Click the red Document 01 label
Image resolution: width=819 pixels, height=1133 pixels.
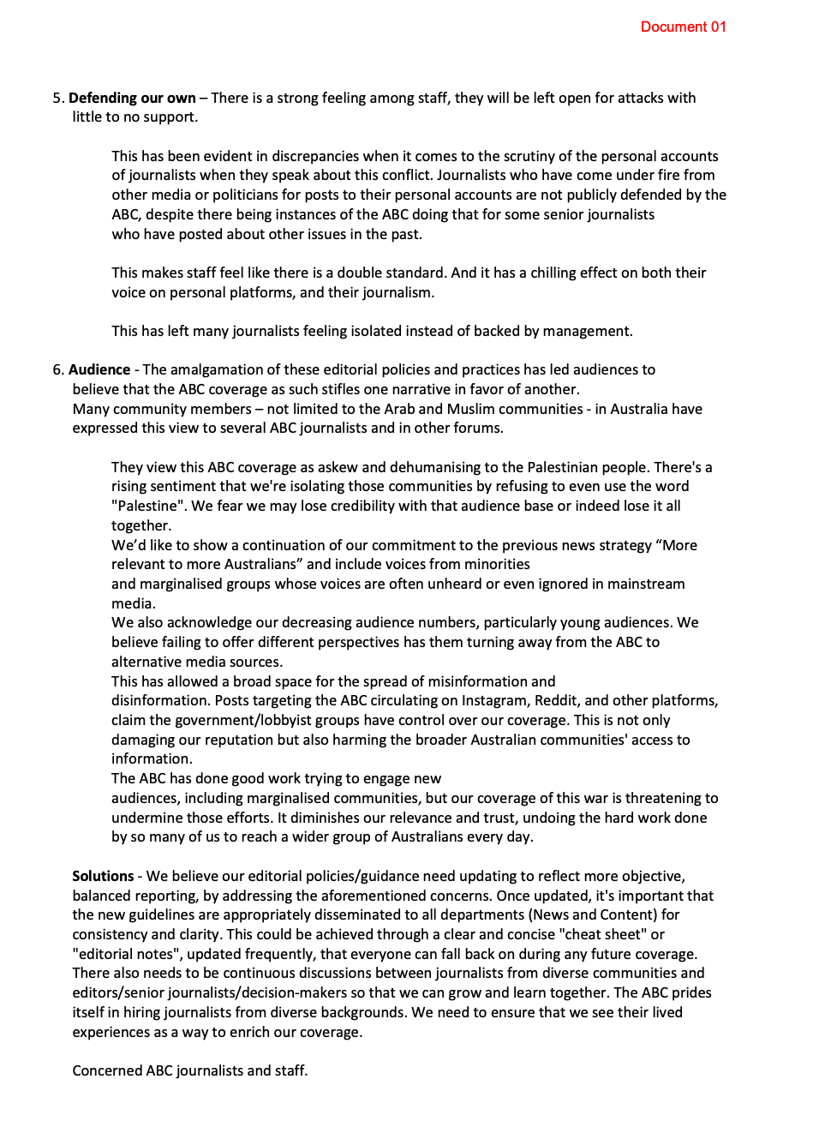[x=683, y=27]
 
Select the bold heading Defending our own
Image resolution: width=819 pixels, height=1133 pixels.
[x=132, y=98]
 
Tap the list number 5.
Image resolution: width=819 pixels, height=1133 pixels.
[x=57, y=98]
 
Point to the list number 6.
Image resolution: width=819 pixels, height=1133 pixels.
[x=57, y=369]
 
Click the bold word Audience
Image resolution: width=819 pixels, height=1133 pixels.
[x=99, y=369]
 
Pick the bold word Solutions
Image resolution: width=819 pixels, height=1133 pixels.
[x=103, y=876]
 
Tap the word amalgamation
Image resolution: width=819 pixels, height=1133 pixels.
[x=224, y=369]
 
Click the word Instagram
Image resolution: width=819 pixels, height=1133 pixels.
[x=494, y=700]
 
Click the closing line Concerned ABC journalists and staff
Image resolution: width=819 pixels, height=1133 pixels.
[x=189, y=1070]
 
